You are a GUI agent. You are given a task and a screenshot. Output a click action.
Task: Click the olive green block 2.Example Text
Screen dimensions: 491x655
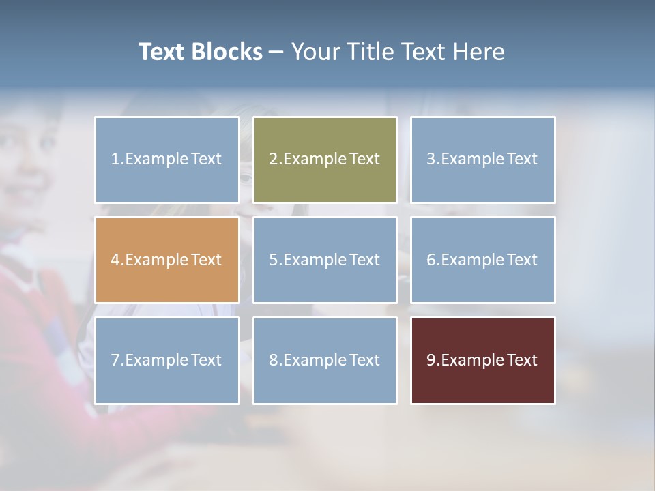coord(325,160)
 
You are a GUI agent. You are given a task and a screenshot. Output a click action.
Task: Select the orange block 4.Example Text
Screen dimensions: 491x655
coord(167,260)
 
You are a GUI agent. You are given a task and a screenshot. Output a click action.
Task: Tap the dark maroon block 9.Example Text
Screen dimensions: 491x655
coord(482,360)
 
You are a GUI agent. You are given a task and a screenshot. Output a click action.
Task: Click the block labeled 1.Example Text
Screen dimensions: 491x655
coord(167,160)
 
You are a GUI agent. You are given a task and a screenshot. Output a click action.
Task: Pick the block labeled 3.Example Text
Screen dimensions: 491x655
coord(482,160)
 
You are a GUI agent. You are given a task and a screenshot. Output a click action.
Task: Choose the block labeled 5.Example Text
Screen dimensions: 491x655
coord(325,260)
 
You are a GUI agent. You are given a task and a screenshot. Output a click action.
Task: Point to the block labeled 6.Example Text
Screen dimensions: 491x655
coord(482,260)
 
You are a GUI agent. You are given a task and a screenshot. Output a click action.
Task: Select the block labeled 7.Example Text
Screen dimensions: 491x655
coord(167,360)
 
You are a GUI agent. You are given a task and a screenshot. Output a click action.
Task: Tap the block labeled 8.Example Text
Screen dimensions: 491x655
coord(325,360)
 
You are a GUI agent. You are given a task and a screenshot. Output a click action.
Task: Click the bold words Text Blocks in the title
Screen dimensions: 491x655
coord(200,52)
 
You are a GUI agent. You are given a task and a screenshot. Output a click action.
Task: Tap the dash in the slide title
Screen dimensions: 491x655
coord(276,53)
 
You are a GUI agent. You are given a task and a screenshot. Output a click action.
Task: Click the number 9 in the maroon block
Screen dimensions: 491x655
coord(431,360)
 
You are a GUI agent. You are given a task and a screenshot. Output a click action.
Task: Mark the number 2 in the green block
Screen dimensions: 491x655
coord(273,160)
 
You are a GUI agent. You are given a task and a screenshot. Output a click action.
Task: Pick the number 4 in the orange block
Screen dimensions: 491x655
coord(115,260)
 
